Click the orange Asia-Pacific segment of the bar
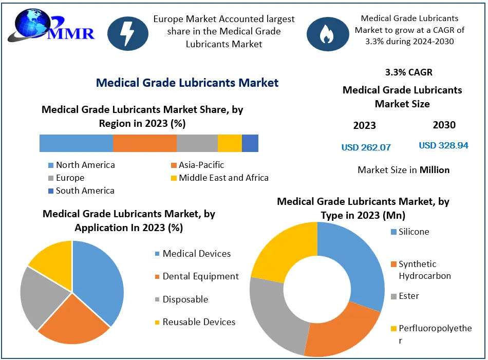144,143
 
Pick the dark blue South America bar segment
250,143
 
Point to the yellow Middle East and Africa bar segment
230,143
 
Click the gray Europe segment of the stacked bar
197,143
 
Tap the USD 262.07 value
366,147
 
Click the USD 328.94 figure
443,145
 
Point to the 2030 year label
444,125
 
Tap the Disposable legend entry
185,299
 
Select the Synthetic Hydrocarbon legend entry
424,270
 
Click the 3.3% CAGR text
405,72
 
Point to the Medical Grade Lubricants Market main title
187,83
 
